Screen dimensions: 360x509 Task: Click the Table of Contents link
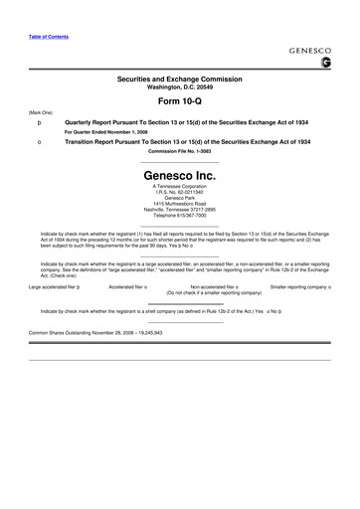(49, 37)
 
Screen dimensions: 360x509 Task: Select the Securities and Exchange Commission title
(180, 77)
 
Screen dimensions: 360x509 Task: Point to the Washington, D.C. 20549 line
(180, 85)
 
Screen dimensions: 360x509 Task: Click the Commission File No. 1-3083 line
(180, 151)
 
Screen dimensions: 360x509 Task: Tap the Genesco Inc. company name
(180, 174)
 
